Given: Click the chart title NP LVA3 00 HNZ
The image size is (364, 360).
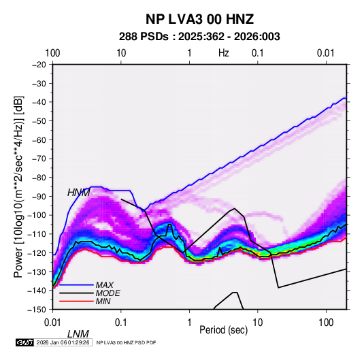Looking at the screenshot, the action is coord(199,19).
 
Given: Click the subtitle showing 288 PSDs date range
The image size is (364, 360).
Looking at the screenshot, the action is coord(199,37).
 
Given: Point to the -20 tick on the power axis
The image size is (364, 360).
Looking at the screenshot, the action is coord(39,65).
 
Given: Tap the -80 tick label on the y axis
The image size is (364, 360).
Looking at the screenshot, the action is coord(39,178).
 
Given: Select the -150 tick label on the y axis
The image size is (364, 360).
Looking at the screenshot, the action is coord(37,310).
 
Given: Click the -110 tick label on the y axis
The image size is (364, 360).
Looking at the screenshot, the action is coord(37,234).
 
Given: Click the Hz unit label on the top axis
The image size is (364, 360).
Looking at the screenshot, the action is coord(224,53).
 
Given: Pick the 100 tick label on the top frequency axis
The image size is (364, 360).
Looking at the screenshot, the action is coord(52,53).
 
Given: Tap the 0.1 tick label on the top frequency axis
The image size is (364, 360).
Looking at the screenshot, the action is coord(258,53).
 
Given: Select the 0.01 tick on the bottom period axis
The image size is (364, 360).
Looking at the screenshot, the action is coord(52,323).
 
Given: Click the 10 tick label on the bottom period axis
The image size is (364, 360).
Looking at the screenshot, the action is coord(257,323).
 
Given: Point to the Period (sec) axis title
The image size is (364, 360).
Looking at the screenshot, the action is coord(224,330).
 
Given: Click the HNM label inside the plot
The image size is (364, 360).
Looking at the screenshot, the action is coord(79,193).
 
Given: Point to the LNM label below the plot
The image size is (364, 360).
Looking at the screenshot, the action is coord(78,334).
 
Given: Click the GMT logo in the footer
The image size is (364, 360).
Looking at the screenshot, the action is coord(25,342).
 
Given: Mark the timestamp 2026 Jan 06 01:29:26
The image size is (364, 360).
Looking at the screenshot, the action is coord(63,342).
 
